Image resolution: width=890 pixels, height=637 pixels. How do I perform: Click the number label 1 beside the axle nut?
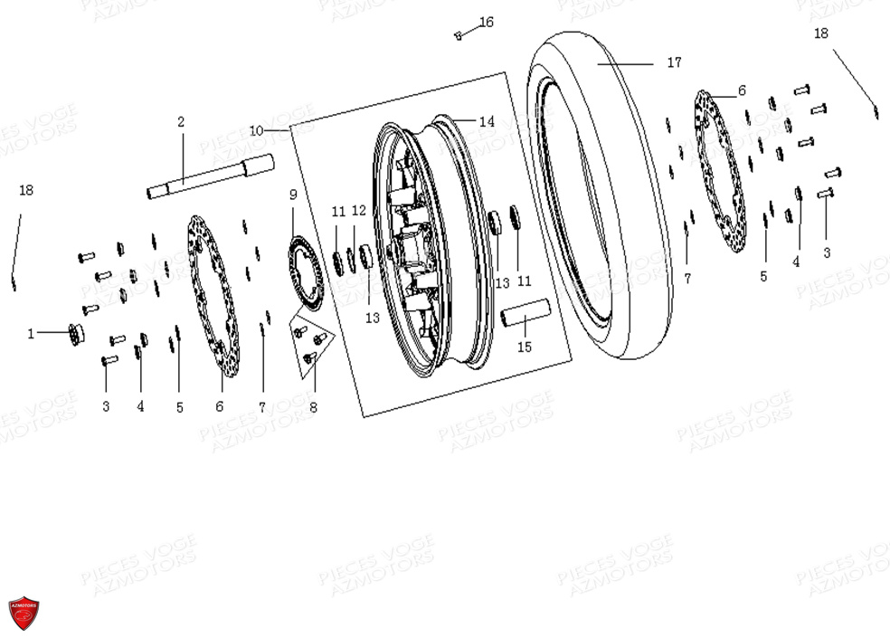pyautogui.click(x=30, y=334)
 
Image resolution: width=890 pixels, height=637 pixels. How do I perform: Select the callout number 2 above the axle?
pyautogui.click(x=181, y=122)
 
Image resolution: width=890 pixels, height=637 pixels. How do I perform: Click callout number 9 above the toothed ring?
pyautogui.click(x=293, y=195)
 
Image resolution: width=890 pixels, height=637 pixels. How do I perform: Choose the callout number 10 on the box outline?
pyautogui.click(x=256, y=130)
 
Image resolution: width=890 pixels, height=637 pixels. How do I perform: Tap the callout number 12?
pyautogui.click(x=359, y=211)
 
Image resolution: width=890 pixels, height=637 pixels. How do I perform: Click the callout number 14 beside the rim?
pyautogui.click(x=487, y=121)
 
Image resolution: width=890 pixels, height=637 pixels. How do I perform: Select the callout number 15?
pyautogui.click(x=525, y=347)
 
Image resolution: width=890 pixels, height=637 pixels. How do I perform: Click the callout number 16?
pyautogui.click(x=487, y=22)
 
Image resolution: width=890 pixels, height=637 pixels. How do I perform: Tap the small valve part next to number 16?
pyautogui.click(x=459, y=35)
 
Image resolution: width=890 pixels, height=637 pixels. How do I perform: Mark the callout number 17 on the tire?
pyautogui.click(x=674, y=63)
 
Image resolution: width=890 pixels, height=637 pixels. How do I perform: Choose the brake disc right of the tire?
pyautogui.click(x=721, y=171)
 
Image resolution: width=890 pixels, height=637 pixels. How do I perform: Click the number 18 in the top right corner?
pyautogui.click(x=820, y=33)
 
